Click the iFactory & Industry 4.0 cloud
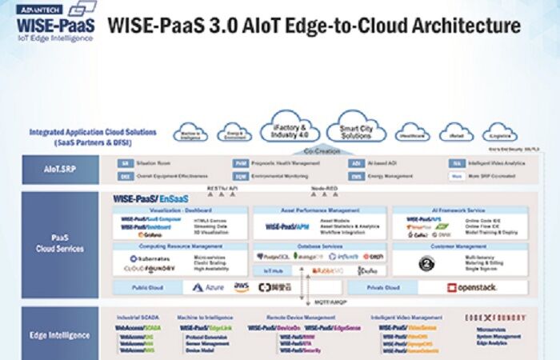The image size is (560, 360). click(290, 130)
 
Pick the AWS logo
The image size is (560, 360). click(242, 286)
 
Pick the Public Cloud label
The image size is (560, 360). click(148, 286)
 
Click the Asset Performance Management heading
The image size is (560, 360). click(318, 210)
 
